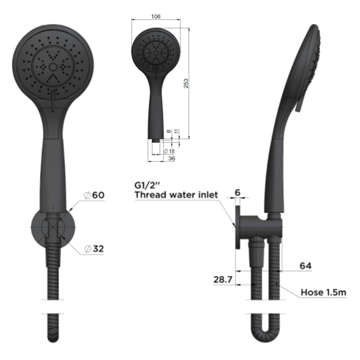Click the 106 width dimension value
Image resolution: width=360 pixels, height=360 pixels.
[156, 16]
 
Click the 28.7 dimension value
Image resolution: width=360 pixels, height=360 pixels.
[223, 279]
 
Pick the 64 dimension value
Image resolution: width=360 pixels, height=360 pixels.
[305, 266]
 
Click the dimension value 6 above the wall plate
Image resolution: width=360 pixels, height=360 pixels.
[237, 192]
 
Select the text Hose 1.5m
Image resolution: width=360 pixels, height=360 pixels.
[323, 293]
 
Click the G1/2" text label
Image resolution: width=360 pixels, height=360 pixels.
[147, 185]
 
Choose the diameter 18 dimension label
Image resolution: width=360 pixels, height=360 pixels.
[169, 151]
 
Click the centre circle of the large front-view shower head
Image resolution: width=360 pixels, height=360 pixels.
[53, 66]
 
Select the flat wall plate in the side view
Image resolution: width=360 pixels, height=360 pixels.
[237, 227]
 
